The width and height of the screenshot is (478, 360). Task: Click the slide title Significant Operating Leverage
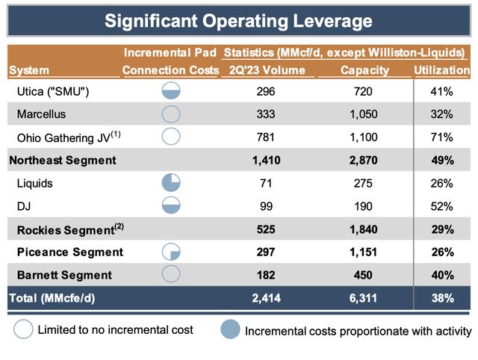click(x=239, y=21)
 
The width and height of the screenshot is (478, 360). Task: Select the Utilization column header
click(x=442, y=70)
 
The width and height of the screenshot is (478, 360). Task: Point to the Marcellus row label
click(x=41, y=114)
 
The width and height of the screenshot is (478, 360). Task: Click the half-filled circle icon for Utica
click(x=172, y=92)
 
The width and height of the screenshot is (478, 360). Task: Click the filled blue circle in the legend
click(x=230, y=329)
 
